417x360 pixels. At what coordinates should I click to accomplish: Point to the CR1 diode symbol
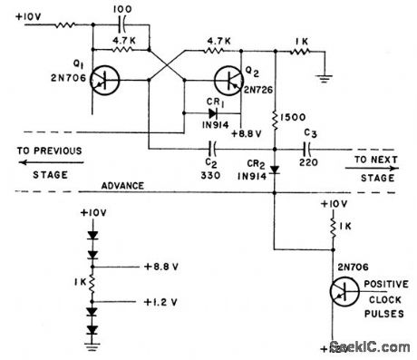213,113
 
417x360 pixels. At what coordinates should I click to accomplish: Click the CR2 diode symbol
275,169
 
